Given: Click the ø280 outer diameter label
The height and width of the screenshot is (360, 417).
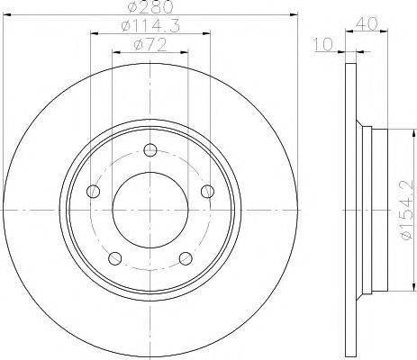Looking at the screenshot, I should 148,8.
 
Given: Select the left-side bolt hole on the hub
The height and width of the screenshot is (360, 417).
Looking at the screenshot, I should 93,192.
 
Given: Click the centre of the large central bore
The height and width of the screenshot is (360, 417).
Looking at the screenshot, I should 149,212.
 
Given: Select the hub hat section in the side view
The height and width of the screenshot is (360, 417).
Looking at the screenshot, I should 376,212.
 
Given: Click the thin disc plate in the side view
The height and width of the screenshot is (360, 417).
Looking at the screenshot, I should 351,212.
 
